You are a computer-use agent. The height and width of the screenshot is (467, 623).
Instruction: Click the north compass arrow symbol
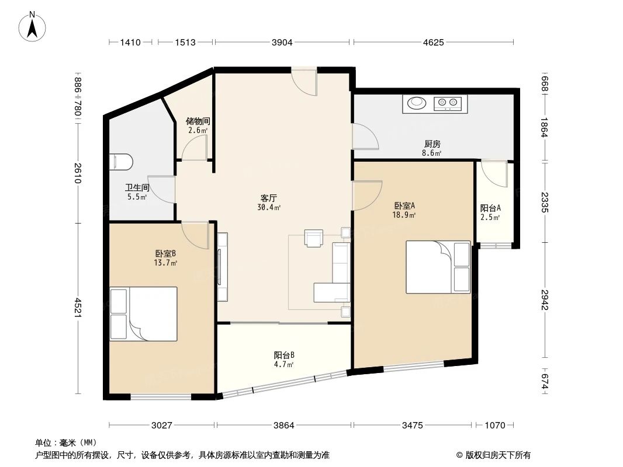33,27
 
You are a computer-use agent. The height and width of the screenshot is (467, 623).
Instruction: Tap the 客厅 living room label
269,198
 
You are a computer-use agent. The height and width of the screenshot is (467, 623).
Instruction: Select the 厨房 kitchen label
432,144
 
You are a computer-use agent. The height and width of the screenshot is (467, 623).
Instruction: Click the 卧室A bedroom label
404,206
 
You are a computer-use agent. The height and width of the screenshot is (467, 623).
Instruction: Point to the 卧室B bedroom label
165,254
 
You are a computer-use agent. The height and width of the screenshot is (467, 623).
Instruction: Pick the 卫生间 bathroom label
137,189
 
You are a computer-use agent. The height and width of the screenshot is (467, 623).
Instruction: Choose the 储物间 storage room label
198,121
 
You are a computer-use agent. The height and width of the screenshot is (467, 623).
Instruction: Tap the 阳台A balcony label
490,208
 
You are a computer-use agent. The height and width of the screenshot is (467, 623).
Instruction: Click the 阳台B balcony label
284,355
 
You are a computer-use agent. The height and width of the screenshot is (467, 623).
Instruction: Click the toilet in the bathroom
121,162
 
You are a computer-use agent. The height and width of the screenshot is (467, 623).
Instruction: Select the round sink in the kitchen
417,104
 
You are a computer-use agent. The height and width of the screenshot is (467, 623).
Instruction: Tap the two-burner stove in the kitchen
448,104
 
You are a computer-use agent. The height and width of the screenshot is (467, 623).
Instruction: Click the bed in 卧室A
438,267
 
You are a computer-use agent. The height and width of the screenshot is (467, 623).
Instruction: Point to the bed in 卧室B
144,313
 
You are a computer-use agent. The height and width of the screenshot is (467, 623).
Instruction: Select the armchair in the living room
314,238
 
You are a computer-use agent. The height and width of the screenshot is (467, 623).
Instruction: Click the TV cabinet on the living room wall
223,267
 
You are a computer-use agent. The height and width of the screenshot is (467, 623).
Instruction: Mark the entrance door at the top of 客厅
304,80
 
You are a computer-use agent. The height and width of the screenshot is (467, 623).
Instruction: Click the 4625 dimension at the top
433,42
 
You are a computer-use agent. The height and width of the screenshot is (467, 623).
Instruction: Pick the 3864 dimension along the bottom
284,426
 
